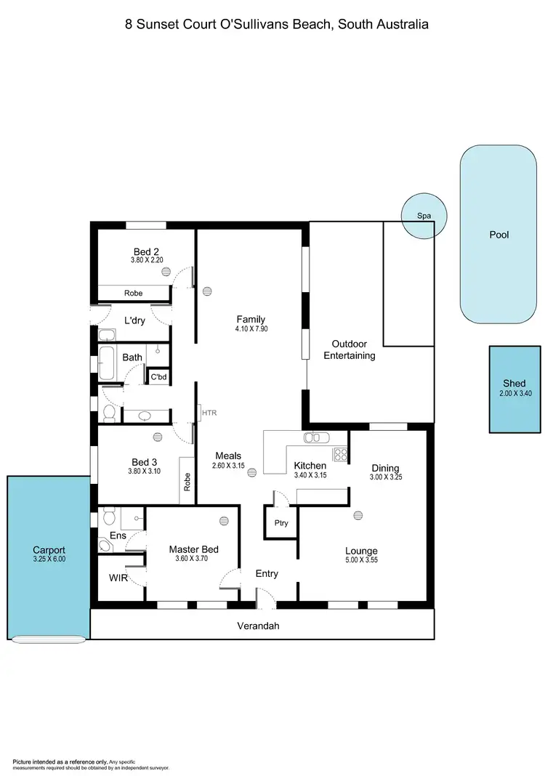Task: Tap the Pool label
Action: click(499, 235)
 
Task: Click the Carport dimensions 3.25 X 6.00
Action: click(49, 559)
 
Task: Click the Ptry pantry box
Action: click(280, 522)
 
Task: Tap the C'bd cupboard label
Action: click(158, 376)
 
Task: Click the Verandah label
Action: click(259, 626)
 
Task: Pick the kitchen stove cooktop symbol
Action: click(340, 454)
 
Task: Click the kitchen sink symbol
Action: click(316, 437)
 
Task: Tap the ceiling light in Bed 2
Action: click(166, 272)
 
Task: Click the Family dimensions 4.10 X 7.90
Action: click(250, 329)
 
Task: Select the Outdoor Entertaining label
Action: click(353, 349)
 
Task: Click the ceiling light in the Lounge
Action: click(358, 515)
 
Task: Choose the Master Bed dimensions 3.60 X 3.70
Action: click(193, 559)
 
